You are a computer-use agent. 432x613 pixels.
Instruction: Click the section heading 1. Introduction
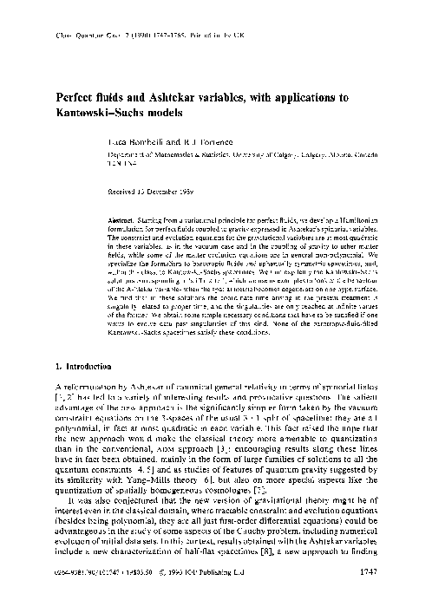(x=65, y=376)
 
